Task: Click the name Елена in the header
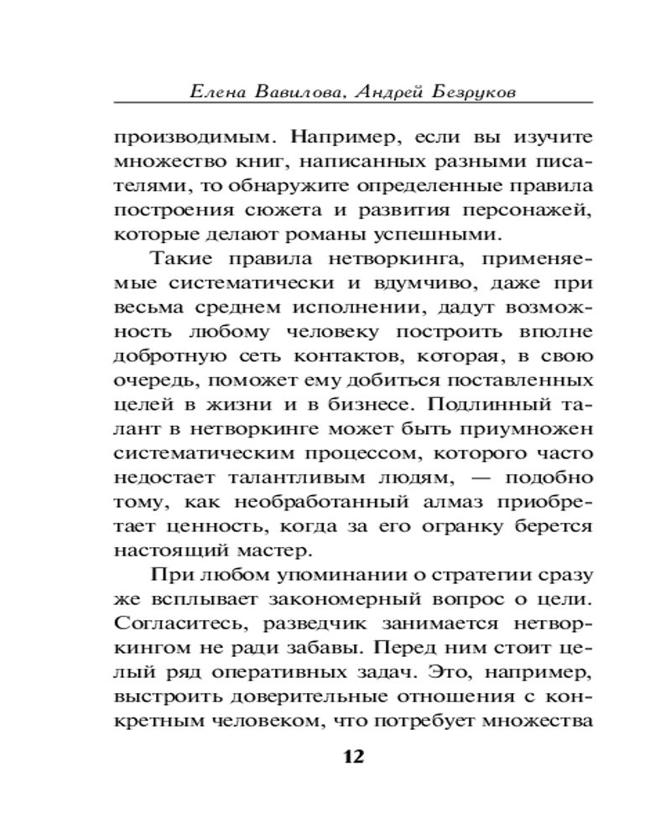point(220,90)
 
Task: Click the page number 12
point(353,757)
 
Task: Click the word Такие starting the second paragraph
point(184,269)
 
